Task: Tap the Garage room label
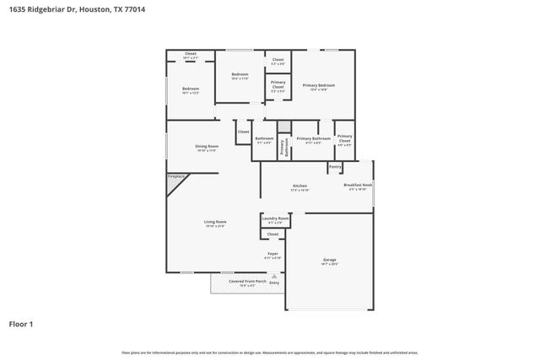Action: click(330, 260)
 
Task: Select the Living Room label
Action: click(215, 223)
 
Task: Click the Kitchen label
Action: click(300, 186)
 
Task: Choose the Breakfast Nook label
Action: click(358, 185)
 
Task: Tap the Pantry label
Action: click(335, 167)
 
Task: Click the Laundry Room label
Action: click(276, 219)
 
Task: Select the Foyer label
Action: click(273, 253)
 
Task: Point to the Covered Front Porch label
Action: click(236, 282)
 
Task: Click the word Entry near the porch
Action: click(274, 282)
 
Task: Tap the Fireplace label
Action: click(175, 177)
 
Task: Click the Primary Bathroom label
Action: click(313, 138)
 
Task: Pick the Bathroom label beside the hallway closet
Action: click(264, 138)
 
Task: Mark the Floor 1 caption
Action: click(23, 324)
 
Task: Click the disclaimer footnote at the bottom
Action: click(270, 352)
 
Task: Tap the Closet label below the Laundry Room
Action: click(273, 234)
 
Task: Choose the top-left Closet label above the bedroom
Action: click(190, 54)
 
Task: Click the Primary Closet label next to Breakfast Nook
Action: click(344, 140)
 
